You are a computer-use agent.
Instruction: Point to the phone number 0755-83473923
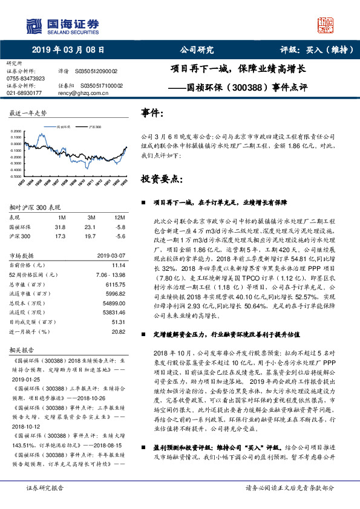pyautogui.click(x=26, y=79)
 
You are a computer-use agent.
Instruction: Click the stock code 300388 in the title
pyautogui.click(x=250, y=87)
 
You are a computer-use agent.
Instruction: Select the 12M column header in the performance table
pyautogui.click(x=119, y=216)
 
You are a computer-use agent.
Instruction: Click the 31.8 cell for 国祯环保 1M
pyautogui.click(x=60, y=227)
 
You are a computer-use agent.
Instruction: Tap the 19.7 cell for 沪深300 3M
pyautogui.click(x=91, y=236)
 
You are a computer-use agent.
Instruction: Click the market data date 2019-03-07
pyautogui.click(x=110, y=255)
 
